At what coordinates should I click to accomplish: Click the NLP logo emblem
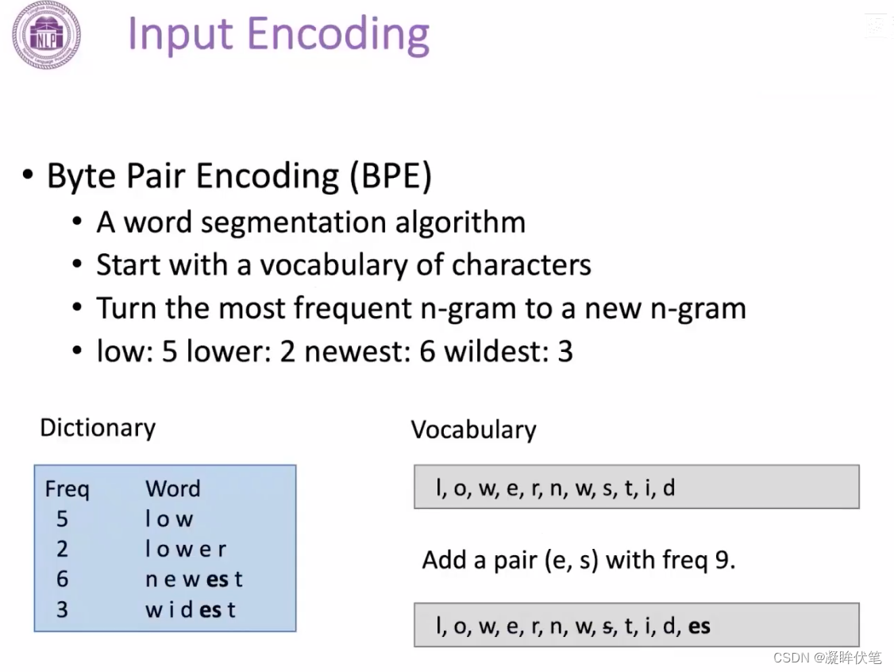click(46, 36)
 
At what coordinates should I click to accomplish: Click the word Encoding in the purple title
click(338, 36)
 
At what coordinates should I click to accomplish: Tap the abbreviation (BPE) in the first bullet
click(391, 176)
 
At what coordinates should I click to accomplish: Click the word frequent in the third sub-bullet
click(353, 309)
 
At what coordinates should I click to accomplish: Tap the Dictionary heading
click(98, 428)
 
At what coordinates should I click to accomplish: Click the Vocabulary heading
click(473, 430)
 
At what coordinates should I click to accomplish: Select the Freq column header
click(67, 489)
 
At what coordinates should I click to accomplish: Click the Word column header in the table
click(173, 489)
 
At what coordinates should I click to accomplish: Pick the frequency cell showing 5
click(62, 519)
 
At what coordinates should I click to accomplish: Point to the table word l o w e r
click(186, 550)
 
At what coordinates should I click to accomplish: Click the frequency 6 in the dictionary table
click(62, 580)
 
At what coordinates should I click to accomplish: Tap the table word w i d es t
click(191, 610)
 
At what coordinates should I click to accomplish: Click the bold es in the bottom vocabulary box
click(699, 627)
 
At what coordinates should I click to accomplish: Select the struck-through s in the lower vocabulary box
click(608, 627)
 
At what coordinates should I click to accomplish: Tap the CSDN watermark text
click(827, 658)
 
